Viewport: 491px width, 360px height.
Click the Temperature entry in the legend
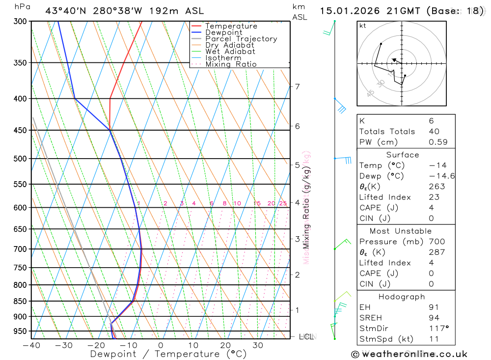click(x=231, y=26)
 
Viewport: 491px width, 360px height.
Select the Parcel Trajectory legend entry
click(x=241, y=39)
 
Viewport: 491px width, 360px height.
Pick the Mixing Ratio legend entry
click(x=231, y=64)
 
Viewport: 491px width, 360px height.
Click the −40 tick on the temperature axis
click(x=31, y=345)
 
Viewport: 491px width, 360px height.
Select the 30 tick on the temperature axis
click(x=258, y=345)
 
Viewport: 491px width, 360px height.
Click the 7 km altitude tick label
click(x=297, y=87)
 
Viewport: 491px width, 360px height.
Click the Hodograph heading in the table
click(x=402, y=297)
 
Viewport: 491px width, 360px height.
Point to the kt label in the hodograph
click(x=362, y=26)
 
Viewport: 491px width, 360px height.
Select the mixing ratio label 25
click(x=283, y=203)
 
